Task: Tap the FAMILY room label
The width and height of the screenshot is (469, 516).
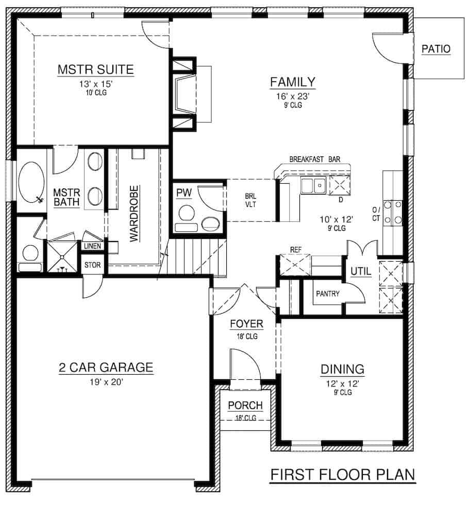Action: pos(293,82)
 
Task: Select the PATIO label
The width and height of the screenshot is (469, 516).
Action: pos(435,49)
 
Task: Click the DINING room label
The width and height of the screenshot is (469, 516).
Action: pos(343,369)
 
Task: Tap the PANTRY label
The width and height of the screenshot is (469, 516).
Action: pos(327,294)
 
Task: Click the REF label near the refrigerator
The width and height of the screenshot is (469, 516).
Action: pos(295,249)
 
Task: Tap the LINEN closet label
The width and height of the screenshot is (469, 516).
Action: pos(93,246)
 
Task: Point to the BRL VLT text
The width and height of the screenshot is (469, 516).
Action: pos(251,200)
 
